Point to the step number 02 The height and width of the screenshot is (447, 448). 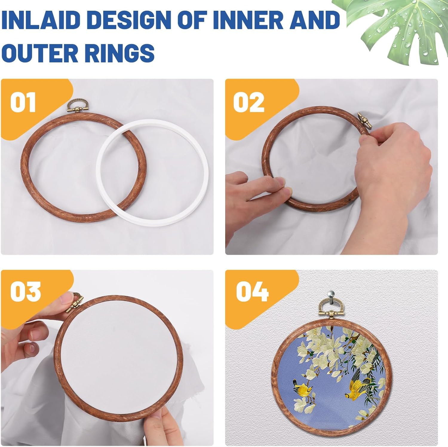(x=248, y=102)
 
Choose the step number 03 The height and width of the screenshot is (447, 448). (x=25, y=291)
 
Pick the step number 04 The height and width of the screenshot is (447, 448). (x=252, y=291)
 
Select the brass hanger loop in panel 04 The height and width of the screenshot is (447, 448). (x=331, y=305)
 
